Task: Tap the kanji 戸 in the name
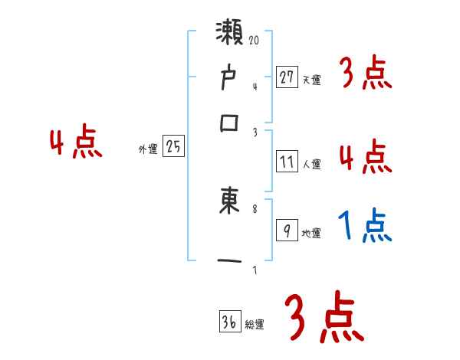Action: (229, 78)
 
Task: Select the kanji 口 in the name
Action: (229, 123)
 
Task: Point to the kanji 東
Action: (229, 201)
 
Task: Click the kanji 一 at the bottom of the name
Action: (229, 260)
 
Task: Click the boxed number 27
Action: (287, 77)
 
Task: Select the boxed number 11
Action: (287, 161)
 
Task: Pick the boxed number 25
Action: (173, 147)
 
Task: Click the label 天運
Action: (311, 79)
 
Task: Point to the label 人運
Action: (311, 163)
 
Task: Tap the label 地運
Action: (311, 234)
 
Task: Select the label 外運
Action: (147, 149)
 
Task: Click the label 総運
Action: (254, 325)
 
